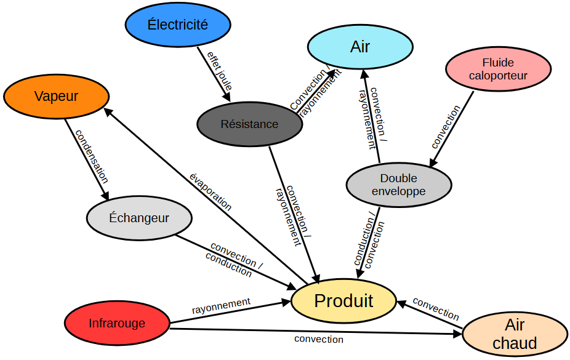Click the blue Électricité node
tap(178, 25)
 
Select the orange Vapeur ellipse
tap(56, 96)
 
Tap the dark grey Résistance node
tap(249, 124)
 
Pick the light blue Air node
tap(360, 46)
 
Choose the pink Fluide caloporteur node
tap(498, 69)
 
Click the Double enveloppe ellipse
tap(398, 185)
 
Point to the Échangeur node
tap(138, 218)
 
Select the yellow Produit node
tap(343, 300)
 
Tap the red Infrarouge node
tap(117, 323)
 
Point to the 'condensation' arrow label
tap(92, 156)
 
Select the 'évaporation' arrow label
tap(211, 193)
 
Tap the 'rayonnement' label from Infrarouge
tap(221, 304)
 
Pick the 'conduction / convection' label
tap(369, 241)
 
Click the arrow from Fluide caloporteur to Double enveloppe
tap(452, 128)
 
